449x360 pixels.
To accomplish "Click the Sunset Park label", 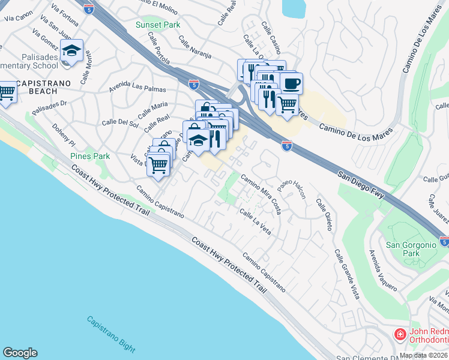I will (x=158, y=25).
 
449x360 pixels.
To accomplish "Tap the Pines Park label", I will (x=90, y=156).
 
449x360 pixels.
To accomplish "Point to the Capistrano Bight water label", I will (x=110, y=334).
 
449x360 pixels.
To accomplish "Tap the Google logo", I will (x=20, y=353).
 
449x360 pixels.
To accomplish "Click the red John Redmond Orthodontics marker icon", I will (x=399, y=334).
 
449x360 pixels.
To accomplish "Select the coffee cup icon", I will (x=291, y=83).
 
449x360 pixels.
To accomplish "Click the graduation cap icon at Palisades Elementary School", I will (x=72, y=50).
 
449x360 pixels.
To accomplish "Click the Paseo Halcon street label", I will (x=291, y=191).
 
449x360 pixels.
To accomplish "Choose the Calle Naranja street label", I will (x=195, y=49).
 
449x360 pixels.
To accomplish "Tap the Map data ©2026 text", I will (x=424, y=355).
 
